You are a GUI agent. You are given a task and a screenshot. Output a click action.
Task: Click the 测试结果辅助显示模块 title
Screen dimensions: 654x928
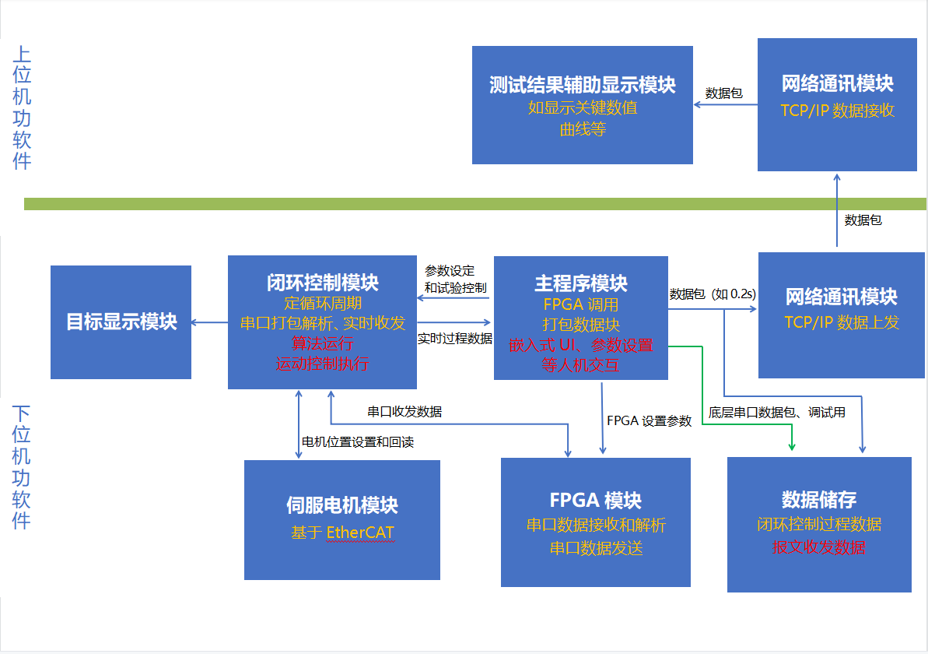(582, 84)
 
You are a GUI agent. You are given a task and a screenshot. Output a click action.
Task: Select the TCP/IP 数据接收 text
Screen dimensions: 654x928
(837, 110)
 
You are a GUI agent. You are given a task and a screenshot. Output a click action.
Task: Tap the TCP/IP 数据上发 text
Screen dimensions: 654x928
(841, 322)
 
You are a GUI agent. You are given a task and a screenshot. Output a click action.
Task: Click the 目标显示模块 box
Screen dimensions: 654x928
(121, 322)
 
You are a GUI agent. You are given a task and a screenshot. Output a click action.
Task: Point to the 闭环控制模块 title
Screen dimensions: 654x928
(322, 283)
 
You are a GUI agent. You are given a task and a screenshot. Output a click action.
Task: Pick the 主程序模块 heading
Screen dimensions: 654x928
(580, 283)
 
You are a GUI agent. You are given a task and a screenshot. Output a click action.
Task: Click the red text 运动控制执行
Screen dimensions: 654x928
(322, 364)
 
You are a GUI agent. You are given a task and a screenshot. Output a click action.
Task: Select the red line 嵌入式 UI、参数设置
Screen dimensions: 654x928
(580, 345)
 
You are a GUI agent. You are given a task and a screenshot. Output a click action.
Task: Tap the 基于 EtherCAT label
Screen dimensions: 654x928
(342, 533)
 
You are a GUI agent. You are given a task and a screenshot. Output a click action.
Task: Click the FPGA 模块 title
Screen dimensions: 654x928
(596, 500)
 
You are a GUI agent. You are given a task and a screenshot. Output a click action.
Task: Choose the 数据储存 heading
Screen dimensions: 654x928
(818, 499)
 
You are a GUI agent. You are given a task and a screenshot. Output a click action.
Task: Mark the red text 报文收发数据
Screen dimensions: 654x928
(818, 547)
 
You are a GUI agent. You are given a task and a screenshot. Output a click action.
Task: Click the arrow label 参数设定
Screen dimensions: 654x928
(450, 271)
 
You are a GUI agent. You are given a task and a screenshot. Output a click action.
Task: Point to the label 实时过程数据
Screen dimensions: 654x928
(455, 339)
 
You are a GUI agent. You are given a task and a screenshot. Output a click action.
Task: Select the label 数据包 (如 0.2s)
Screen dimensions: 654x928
(713, 294)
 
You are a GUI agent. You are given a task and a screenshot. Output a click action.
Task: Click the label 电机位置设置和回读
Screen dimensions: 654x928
(358, 442)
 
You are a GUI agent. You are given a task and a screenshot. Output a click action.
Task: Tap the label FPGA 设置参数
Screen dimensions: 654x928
(649, 421)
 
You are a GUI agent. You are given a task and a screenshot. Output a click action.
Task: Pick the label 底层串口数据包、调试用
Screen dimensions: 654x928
(777, 413)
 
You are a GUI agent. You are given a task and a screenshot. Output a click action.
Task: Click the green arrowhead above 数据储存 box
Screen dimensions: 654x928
(791, 446)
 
